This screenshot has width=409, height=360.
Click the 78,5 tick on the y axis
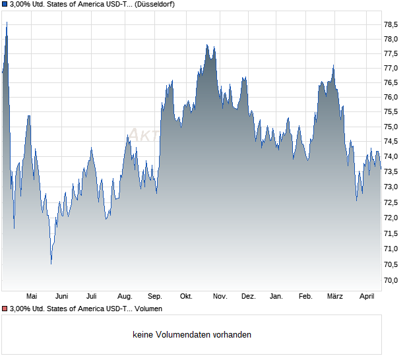391,24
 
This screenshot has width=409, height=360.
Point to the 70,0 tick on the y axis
391,280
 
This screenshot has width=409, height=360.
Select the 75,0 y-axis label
391,127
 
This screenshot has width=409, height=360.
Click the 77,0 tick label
391,68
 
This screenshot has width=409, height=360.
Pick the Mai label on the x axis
31,296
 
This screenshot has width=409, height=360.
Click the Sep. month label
155,296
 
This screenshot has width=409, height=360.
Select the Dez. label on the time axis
248,296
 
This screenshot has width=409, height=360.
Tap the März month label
335,296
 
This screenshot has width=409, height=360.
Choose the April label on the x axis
367,296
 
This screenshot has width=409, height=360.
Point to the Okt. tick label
186,296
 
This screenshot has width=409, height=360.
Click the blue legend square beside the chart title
5,5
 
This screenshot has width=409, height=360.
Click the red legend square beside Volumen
5,309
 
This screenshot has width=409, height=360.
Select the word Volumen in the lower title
146,309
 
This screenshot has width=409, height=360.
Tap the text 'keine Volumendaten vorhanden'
192,335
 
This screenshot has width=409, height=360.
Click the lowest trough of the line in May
51,264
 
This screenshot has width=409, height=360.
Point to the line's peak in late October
207,45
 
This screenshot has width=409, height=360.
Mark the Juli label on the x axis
92,296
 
